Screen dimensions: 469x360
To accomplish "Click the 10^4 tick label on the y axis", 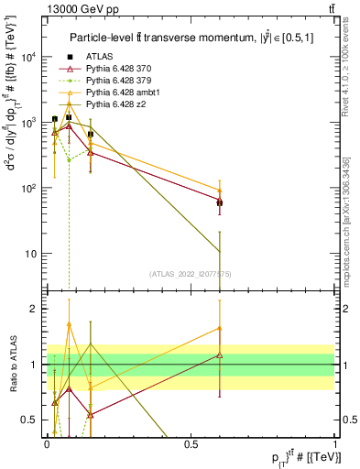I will pos(29,57).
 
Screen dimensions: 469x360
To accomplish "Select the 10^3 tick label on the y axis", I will pos(29,122).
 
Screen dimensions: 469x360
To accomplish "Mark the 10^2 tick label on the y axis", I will pos(29,188).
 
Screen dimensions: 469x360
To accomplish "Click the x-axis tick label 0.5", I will pos(191,442).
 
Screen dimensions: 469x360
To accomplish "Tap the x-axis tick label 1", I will pos(336,442).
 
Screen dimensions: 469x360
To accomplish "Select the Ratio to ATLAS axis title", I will pos(11,364).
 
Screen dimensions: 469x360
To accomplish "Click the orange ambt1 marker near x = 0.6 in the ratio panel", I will pos(220,327).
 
